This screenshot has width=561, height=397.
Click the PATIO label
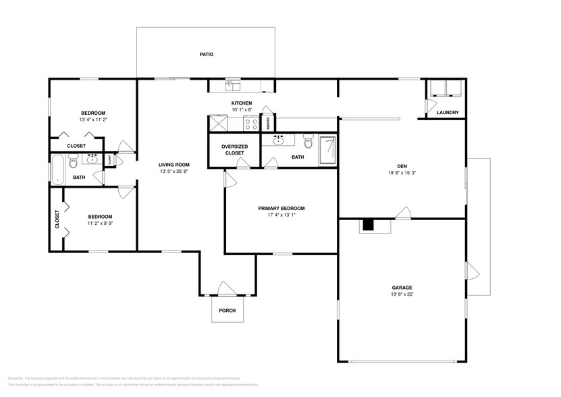[206, 54]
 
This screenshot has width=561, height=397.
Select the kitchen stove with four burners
[251, 124]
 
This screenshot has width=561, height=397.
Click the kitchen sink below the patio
[232, 85]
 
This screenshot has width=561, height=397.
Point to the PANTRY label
[269, 123]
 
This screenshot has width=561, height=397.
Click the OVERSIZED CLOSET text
[235, 150]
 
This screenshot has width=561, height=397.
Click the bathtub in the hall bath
[57, 169]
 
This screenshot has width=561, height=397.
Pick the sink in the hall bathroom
[91, 160]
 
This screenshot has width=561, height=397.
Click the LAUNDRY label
[447, 113]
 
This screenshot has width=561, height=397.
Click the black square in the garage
[368, 226]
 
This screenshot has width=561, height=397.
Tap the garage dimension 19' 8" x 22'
[401, 294]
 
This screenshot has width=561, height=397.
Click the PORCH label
[227, 311]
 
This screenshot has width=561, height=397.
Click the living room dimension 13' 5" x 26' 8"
[173, 171]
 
